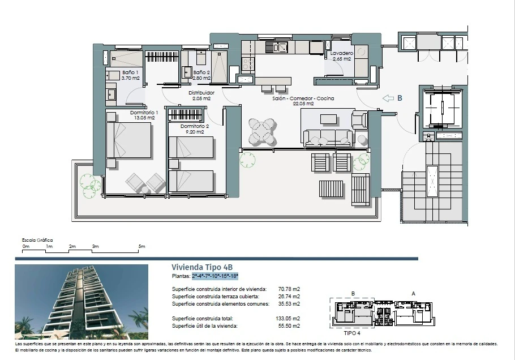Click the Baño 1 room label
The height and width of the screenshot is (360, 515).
point(130,72)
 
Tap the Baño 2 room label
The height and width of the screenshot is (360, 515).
point(201,72)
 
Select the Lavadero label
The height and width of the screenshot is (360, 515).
point(342,53)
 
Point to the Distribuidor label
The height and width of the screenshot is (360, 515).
point(201,93)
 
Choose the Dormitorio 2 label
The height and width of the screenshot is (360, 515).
point(195,126)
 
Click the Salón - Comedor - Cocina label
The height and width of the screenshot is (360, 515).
point(303,98)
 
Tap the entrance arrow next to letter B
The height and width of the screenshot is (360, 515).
point(388,98)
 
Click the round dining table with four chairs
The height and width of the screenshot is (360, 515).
point(262,131)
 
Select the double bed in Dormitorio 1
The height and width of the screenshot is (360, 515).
point(130,140)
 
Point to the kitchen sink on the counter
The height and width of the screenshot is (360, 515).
point(277,48)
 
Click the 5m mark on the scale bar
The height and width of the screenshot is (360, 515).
point(141,246)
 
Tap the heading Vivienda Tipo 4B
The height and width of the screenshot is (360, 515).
point(202,267)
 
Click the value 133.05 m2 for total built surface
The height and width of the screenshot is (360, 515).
point(287,319)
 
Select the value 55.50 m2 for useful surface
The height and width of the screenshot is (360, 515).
point(289,326)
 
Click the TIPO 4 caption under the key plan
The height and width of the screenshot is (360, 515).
point(352,333)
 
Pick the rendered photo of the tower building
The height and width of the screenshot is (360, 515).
point(81,302)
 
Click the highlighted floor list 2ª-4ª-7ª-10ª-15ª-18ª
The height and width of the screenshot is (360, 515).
point(215,276)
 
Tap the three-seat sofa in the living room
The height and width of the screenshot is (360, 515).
point(328,138)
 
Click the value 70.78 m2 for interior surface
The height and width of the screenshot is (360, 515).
point(289,289)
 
